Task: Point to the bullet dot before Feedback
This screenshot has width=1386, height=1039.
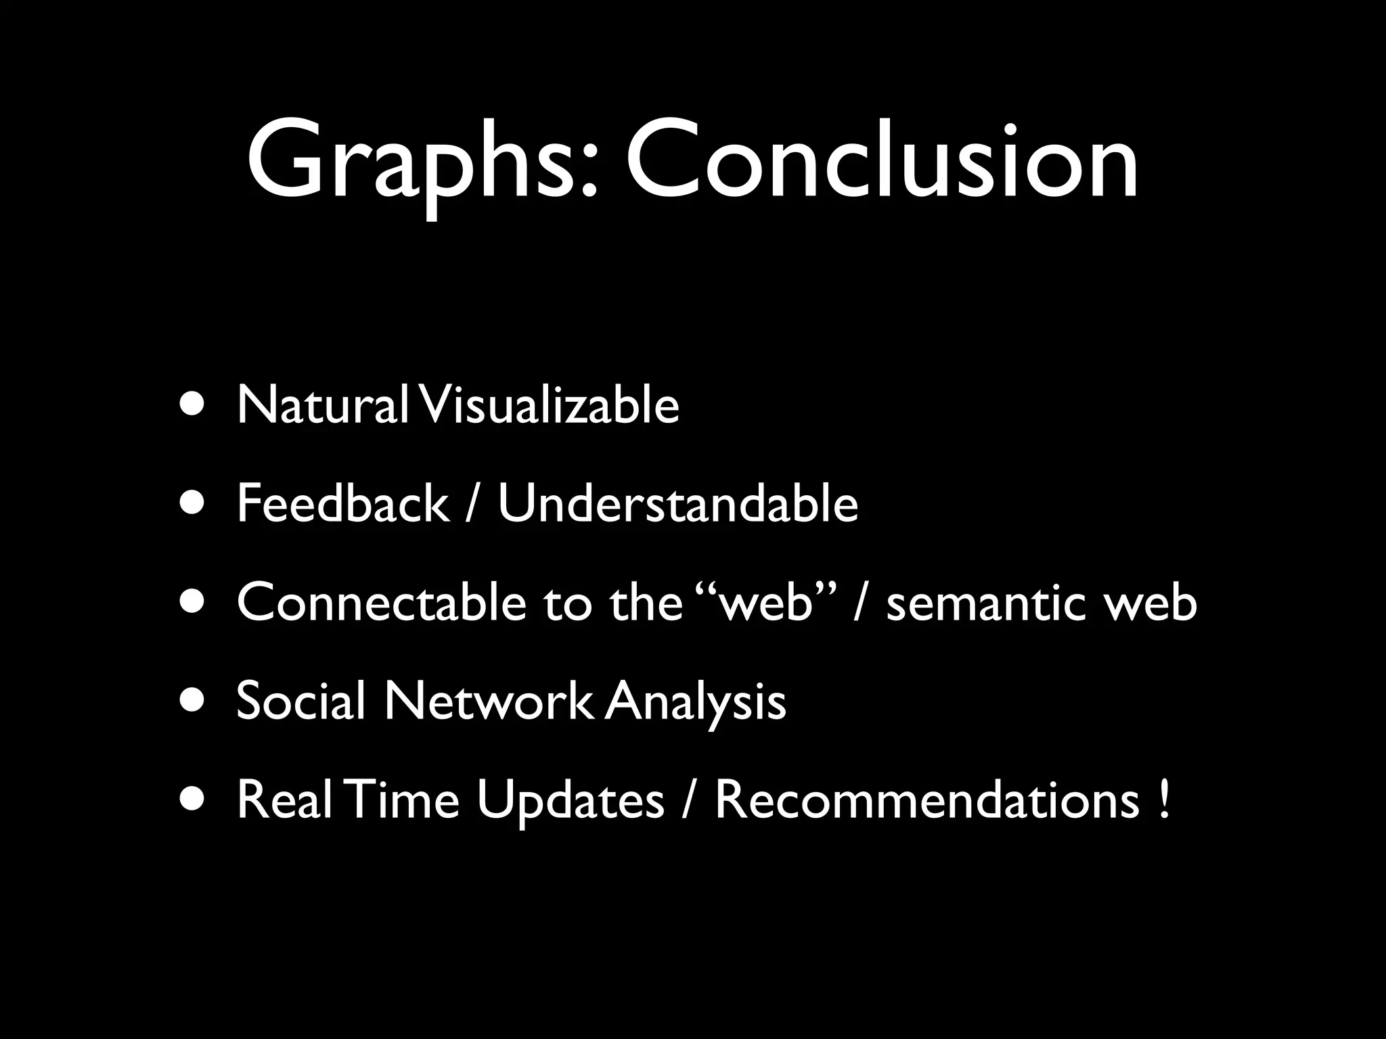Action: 194,504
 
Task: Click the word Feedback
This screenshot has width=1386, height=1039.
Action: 342,504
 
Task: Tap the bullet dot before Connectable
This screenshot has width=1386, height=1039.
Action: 194,603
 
